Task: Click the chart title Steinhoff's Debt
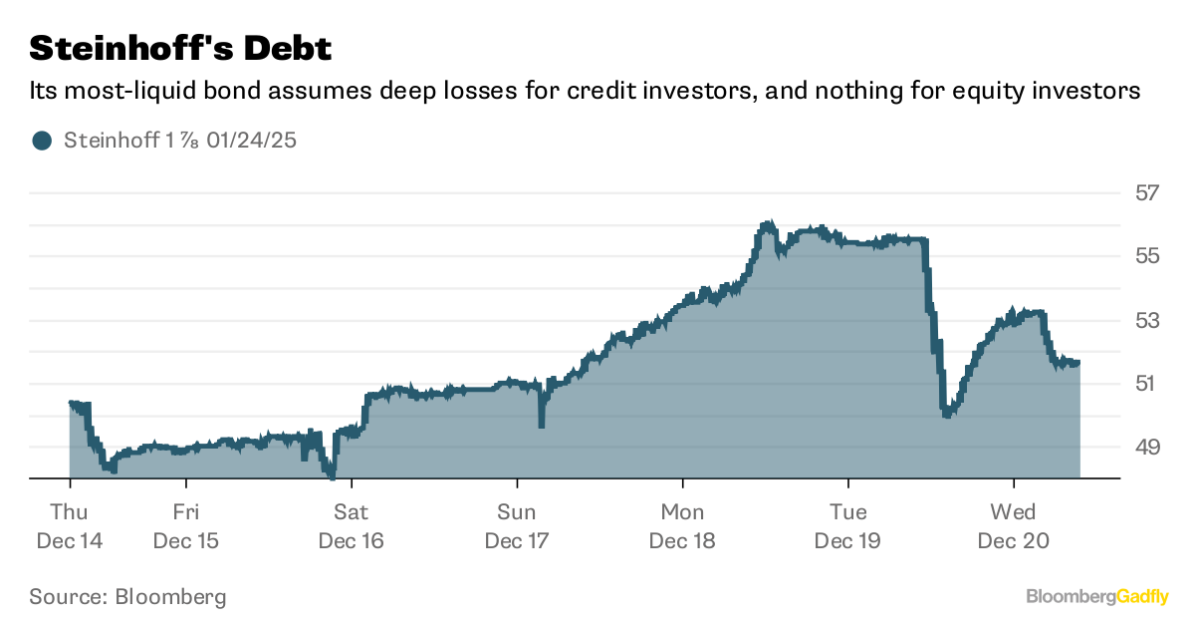[180, 48]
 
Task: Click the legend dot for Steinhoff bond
[41, 141]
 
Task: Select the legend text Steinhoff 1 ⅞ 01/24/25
[180, 141]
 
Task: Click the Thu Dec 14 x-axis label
[70, 526]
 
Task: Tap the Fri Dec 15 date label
[186, 526]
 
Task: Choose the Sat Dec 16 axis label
[352, 526]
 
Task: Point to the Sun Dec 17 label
[517, 526]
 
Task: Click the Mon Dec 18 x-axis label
[682, 526]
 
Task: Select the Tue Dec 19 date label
[847, 526]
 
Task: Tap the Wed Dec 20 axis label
[1013, 526]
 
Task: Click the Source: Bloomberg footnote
[127, 597]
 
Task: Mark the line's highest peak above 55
[767, 224]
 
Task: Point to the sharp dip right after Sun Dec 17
[541, 425]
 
